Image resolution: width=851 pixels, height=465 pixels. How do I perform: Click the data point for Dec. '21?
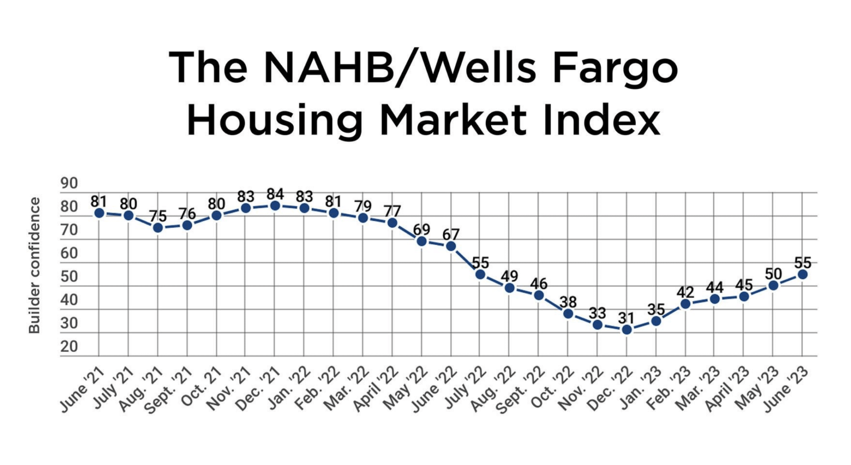275,205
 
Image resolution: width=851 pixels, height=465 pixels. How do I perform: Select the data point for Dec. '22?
627,329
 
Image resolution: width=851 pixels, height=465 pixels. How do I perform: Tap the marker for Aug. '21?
157,228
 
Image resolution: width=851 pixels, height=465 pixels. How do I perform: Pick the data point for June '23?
802,274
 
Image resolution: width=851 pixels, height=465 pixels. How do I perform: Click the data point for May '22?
421,241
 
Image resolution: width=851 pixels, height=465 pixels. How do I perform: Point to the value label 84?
275,194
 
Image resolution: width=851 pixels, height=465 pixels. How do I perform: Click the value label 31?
626,318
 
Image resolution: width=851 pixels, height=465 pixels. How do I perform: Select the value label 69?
421,229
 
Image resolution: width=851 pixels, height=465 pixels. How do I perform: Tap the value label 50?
773,274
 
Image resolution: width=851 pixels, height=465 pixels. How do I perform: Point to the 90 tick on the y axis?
69,183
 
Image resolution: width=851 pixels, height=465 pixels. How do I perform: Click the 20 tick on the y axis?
69,346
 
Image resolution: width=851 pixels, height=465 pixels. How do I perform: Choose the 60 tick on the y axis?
69,253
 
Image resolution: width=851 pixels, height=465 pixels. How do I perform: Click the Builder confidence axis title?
34,265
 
